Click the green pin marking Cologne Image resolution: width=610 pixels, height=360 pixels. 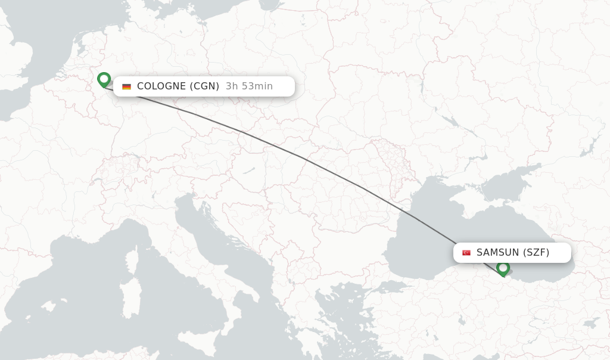(104, 79)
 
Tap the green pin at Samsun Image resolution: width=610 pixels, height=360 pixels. (503, 268)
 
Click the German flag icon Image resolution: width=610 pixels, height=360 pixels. (126, 86)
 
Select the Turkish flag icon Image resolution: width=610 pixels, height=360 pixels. (466, 253)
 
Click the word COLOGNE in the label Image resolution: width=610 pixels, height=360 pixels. (161, 86)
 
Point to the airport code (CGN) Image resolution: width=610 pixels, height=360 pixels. (204, 86)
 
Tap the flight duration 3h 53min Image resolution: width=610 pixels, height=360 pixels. (249, 86)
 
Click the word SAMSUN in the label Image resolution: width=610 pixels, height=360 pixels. (498, 253)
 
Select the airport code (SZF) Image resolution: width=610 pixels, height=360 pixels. (536, 253)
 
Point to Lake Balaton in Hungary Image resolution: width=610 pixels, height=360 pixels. (248, 170)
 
